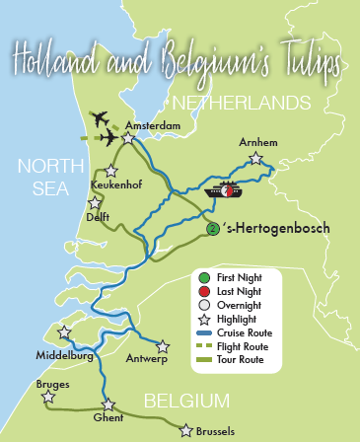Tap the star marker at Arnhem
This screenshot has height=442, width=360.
[x=256, y=158]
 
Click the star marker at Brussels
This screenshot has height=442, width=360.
[x=184, y=429]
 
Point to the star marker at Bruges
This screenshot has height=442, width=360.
[x=47, y=398]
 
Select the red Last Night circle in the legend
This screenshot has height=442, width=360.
[x=204, y=293]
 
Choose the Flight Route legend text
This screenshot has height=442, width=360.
[x=250, y=347]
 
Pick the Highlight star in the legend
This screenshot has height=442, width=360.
[x=204, y=320]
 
